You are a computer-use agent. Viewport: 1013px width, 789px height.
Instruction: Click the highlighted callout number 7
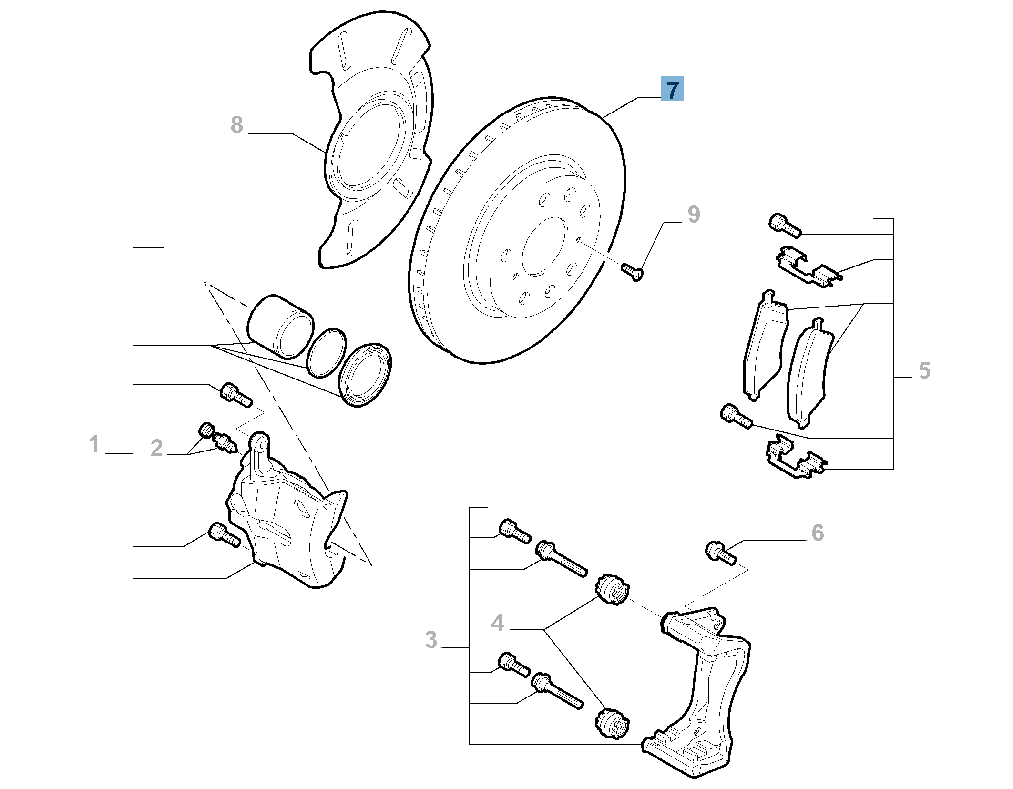672,89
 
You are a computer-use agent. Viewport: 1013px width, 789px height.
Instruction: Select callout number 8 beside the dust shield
236,125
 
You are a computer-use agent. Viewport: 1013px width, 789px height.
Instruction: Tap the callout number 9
694,215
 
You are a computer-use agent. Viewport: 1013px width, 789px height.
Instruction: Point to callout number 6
817,533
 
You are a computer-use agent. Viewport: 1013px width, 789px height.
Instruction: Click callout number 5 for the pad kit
924,370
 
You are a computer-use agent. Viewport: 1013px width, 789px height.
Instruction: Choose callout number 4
497,623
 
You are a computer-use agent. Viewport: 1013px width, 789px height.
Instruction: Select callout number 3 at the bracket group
430,639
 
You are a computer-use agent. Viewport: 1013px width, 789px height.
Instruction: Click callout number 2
156,448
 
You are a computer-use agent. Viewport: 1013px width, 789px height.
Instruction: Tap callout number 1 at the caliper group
94,444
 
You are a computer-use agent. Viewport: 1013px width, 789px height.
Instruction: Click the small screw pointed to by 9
632,271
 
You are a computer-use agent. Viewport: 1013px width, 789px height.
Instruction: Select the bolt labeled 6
720,553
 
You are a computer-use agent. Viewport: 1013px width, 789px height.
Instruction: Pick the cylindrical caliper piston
280,326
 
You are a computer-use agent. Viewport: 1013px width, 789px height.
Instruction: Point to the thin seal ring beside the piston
327,353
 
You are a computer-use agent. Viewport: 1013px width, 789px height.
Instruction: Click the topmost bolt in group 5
785,225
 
